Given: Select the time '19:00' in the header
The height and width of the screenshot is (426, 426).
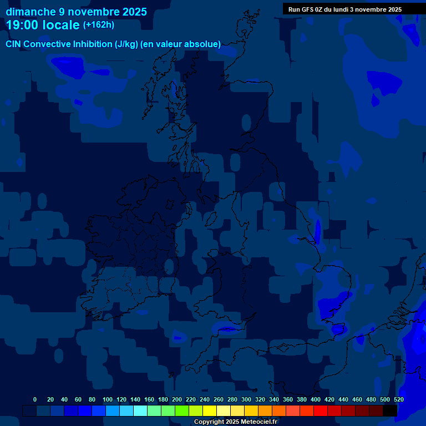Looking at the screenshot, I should click(23, 25).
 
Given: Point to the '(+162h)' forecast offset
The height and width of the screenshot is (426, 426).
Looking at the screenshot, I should click(99, 25).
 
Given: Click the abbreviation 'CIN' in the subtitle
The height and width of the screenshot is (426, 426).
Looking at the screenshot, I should click(14, 44).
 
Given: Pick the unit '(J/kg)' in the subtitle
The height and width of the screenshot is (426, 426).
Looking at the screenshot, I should click(126, 44).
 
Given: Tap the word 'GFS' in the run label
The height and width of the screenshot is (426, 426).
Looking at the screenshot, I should click(307, 9).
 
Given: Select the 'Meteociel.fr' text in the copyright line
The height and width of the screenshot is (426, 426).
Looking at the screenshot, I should click(259, 422).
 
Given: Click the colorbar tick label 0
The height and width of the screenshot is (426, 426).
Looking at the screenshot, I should click(35, 399).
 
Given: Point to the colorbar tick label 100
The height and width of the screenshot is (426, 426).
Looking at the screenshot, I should click(107, 399).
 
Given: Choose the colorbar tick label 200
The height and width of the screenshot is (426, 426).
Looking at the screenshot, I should click(177, 399).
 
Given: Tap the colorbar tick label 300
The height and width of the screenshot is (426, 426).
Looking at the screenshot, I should click(246, 399).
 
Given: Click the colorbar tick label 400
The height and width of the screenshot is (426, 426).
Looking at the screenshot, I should click(316, 399).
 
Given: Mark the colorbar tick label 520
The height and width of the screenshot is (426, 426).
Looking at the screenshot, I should click(398, 399).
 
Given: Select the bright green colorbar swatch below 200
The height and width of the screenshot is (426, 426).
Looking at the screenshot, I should click(182, 410).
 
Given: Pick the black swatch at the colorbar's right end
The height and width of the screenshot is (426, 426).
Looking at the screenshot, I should click(390, 410).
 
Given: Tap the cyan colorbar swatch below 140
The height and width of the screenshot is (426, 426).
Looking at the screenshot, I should click(140, 410).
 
